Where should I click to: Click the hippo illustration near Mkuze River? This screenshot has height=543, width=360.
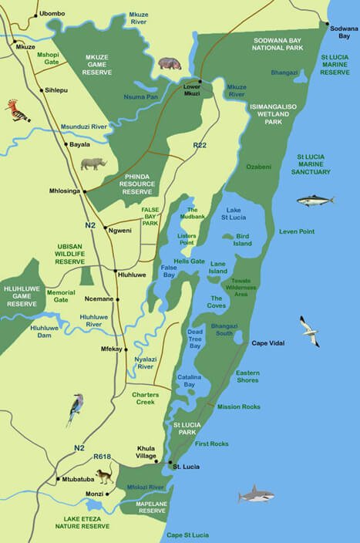(170, 62)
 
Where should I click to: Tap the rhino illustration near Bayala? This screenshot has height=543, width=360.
(93, 164)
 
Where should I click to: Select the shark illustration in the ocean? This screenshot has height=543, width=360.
(256, 494)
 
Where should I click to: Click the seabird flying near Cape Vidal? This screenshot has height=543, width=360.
(309, 330)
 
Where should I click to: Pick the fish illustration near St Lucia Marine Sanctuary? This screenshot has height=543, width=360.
(315, 201)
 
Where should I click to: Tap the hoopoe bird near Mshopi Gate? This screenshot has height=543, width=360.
(17, 110)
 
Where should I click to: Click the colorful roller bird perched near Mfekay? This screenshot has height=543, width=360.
(75, 409)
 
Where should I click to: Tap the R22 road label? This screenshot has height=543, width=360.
(200, 145)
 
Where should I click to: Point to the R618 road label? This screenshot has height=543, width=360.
(102, 457)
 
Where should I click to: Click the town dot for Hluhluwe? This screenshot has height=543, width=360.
(115, 271)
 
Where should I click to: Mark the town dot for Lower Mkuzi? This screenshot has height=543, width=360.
(200, 81)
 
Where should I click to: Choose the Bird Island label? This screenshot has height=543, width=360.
(243, 239)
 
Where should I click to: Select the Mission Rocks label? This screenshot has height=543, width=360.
(238, 406)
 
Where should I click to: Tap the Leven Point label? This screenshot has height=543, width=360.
(297, 231)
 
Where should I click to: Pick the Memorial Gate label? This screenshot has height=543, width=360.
(60, 297)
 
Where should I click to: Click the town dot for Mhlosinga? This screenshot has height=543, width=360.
(85, 191)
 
